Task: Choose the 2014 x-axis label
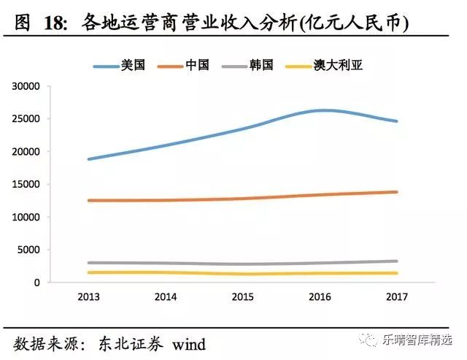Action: pyautogui.click(x=165, y=296)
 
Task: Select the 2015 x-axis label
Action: pyautogui.click(x=242, y=296)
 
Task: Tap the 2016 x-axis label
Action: pyautogui.click(x=320, y=296)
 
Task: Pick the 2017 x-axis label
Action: pyautogui.click(x=396, y=296)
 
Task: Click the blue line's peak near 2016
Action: pyautogui.click(x=325, y=110)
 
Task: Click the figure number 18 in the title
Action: pyautogui.click(x=58, y=23)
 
